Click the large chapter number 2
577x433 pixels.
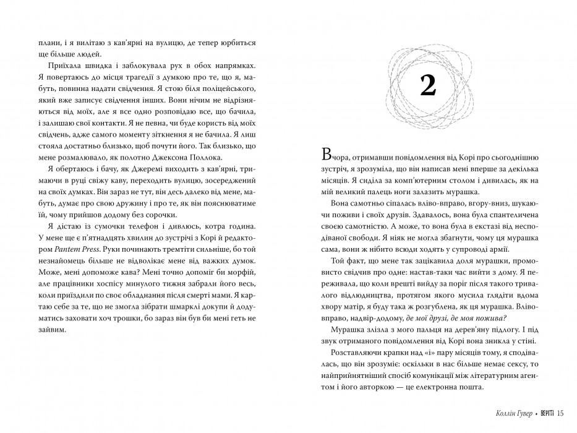click(x=428, y=87)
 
